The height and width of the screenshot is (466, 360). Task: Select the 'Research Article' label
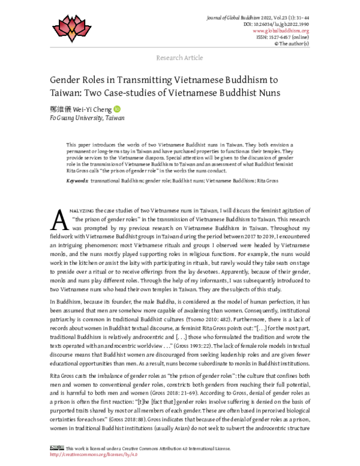[x=179, y=58]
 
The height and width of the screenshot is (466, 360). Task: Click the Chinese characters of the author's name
[x=62, y=109]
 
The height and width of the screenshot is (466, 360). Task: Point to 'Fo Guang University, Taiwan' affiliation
[x=87, y=119]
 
